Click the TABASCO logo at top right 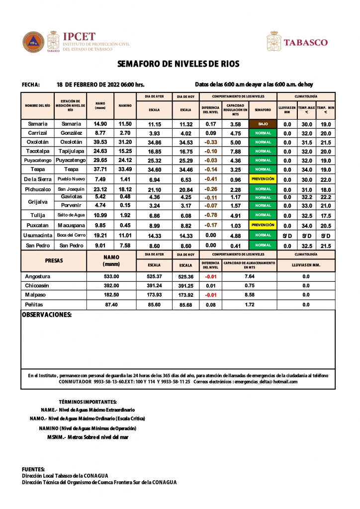pos(305,42)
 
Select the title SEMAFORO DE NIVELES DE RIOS pos(179,64)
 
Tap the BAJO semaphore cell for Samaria pos(263,124)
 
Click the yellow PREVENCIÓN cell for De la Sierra pos(263,179)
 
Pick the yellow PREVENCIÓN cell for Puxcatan pos(263,225)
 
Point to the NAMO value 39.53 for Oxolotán pos(100,142)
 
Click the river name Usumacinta pos(38,235)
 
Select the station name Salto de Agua pos(71,215)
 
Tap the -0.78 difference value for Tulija pos(211,215)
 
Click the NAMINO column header pos(125,106)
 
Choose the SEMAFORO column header pos(263,109)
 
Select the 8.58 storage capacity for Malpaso pos(250,295)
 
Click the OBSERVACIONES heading pos(47,315)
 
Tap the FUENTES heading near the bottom pos(34,469)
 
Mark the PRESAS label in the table pos(54,260)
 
